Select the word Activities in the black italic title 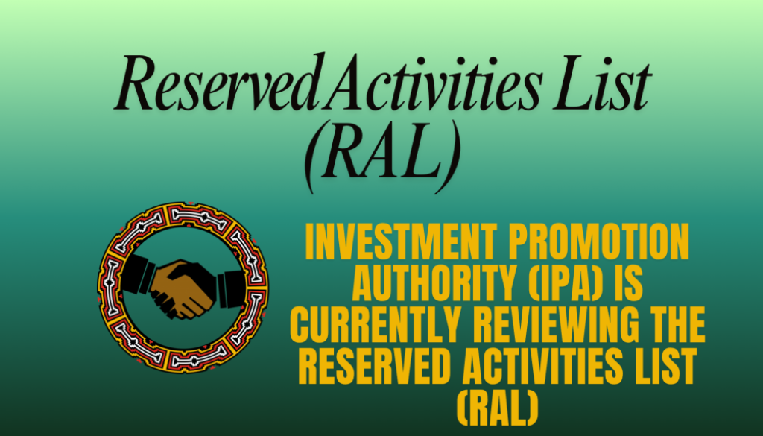point(437,88)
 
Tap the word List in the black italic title point(601,88)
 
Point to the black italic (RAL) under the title point(381,157)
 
